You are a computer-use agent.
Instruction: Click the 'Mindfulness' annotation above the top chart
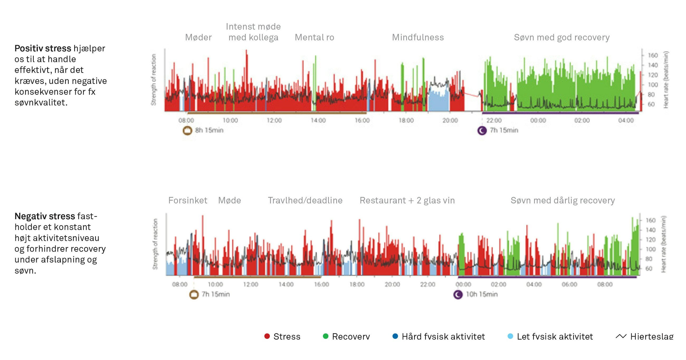[418, 37]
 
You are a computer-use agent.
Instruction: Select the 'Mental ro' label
[314, 37]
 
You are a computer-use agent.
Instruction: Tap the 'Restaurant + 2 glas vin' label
[407, 200]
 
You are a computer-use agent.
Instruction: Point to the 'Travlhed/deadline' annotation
[305, 200]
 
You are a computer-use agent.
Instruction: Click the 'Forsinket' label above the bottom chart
[188, 200]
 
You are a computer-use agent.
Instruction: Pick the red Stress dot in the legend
[267, 336]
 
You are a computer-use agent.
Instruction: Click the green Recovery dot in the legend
[325, 336]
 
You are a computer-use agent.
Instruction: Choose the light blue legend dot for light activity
[510, 336]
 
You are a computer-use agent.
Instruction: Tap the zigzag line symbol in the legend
[621, 336]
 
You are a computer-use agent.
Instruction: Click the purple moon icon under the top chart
[482, 131]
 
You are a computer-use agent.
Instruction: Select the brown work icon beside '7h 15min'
[194, 295]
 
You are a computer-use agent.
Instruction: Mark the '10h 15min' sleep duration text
[482, 294]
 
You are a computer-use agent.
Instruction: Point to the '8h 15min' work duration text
[209, 130]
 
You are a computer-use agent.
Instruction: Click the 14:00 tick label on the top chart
[318, 120]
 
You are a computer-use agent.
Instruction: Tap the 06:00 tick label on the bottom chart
[569, 284]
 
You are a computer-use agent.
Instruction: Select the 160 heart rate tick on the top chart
[653, 55]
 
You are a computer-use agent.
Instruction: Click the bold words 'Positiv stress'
[42, 49]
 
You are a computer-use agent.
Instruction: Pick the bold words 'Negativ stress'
[45, 216]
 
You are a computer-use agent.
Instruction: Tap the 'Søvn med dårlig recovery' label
[563, 200]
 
